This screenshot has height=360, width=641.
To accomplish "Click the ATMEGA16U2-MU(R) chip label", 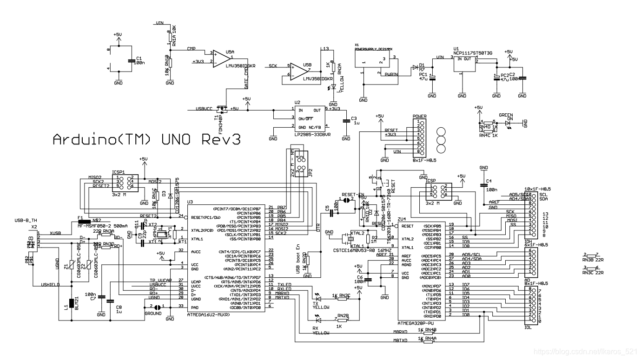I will point(214,315).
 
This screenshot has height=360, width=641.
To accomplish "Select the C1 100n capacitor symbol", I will point(131,61).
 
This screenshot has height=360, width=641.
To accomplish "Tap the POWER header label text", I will point(419,117).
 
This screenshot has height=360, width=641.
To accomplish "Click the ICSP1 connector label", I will point(118,172).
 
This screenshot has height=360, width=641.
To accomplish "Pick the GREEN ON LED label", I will point(506,116).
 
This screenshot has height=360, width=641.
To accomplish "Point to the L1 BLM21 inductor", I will point(71,304).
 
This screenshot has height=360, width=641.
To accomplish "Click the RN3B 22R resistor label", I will point(593,260).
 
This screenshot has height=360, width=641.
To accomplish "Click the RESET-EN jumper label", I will point(352,194).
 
